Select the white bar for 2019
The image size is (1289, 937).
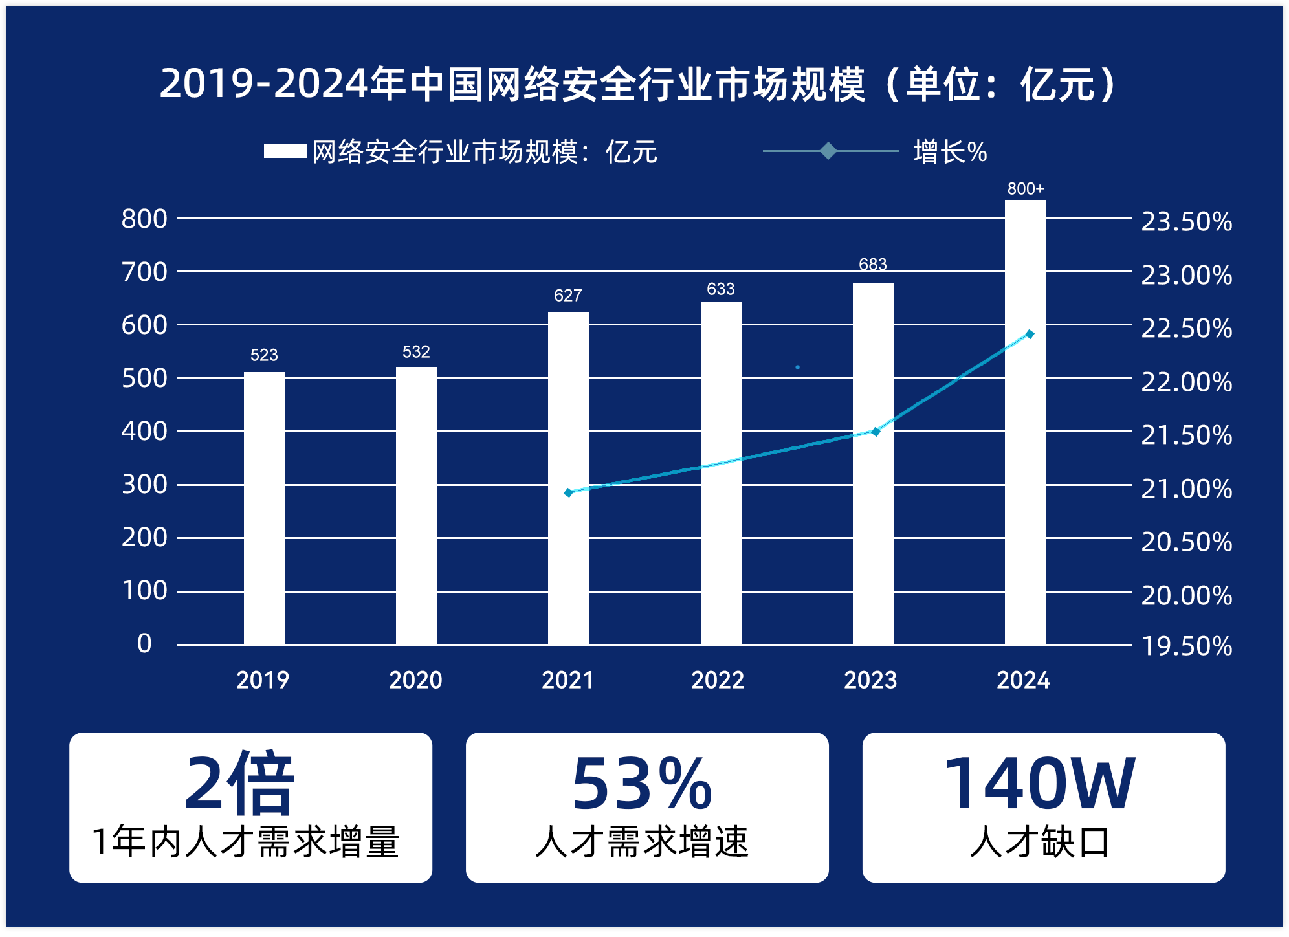click(x=264, y=508)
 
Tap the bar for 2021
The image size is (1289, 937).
click(x=568, y=478)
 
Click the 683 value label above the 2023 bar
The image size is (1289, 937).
click(x=872, y=264)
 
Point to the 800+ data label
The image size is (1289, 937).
click(x=1026, y=189)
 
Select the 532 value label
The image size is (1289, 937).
click(x=416, y=352)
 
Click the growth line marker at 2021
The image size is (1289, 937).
click(x=569, y=492)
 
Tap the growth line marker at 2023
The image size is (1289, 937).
click(x=876, y=432)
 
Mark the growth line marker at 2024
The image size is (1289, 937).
click(x=1030, y=335)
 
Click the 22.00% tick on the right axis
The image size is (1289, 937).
click(x=1186, y=382)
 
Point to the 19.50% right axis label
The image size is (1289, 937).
click(x=1186, y=646)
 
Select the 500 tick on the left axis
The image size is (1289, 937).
click(x=144, y=378)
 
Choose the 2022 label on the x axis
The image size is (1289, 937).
click(x=718, y=680)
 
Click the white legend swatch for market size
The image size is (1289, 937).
click(x=285, y=151)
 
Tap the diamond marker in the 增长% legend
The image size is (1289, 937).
click(x=828, y=151)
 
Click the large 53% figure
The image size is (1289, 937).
click(x=641, y=784)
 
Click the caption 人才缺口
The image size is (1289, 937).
click(x=1040, y=843)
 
